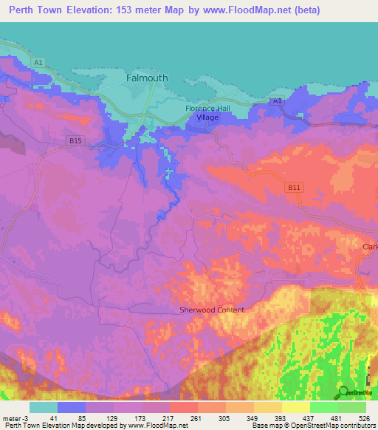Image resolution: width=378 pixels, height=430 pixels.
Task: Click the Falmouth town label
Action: (x=147, y=78)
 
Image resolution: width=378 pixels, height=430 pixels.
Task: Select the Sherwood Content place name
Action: (x=212, y=310)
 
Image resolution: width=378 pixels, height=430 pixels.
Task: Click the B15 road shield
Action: (x=75, y=140)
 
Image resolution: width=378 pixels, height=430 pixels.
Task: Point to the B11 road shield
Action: (x=295, y=188)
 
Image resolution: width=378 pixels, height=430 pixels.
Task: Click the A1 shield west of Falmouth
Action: (x=38, y=63)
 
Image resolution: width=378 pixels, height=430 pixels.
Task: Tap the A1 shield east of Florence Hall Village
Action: (x=276, y=100)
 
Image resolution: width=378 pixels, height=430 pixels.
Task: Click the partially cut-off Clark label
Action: (x=369, y=246)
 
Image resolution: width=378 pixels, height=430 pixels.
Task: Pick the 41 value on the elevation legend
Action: (x=54, y=417)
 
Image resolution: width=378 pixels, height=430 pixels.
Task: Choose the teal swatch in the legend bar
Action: (x=44, y=407)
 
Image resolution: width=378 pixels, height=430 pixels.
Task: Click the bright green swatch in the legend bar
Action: (x=324, y=407)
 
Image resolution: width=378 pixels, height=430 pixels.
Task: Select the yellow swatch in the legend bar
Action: (x=296, y=407)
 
